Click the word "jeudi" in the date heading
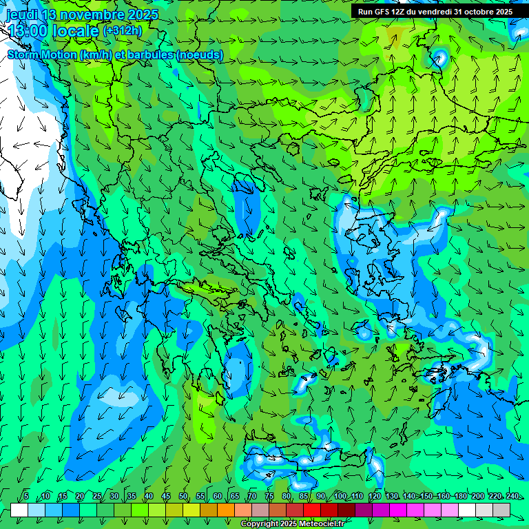[22, 14]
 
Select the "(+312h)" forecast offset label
[123, 31]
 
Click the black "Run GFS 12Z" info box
[435, 12]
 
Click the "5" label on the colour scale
[26, 496]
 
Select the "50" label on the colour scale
[183, 496]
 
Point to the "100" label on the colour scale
[340, 496]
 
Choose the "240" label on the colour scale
[512, 496]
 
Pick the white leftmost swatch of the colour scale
[19, 510]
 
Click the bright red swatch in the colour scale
[312, 510]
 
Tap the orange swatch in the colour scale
[226, 510]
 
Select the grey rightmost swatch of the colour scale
[501, 510]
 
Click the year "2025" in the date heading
[142, 14]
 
